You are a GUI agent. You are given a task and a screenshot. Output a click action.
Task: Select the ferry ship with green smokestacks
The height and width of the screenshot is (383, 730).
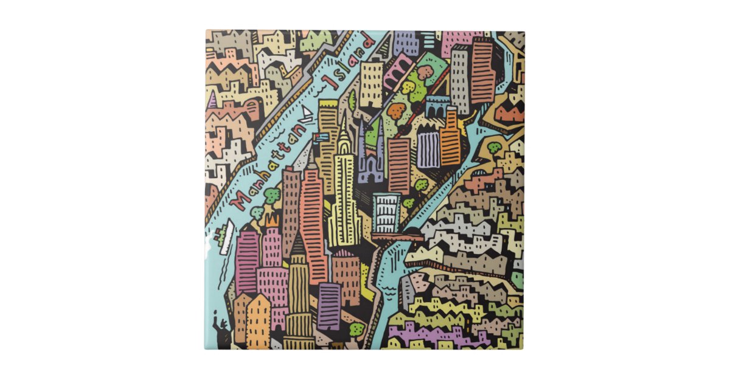pyautogui.click(x=224, y=238)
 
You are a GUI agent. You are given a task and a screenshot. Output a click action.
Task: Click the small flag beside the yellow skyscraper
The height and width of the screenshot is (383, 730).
pyautogui.click(x=321, y=137)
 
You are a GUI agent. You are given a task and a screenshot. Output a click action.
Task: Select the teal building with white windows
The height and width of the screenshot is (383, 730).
pyautogui.click(x=386, y=212)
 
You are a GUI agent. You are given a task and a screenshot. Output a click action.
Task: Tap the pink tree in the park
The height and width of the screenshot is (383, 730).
pyautogui.click(x=425, y=72)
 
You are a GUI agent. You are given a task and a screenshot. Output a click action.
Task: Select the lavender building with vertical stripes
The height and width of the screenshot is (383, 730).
pyautogui.click(x=428, y=149)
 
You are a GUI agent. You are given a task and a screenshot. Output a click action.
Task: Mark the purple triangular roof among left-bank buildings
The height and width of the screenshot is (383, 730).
pyautogui.click(x=212, y=100)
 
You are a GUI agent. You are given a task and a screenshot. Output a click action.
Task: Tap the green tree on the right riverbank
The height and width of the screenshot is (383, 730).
pyautogui.click(x=495, y=148)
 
